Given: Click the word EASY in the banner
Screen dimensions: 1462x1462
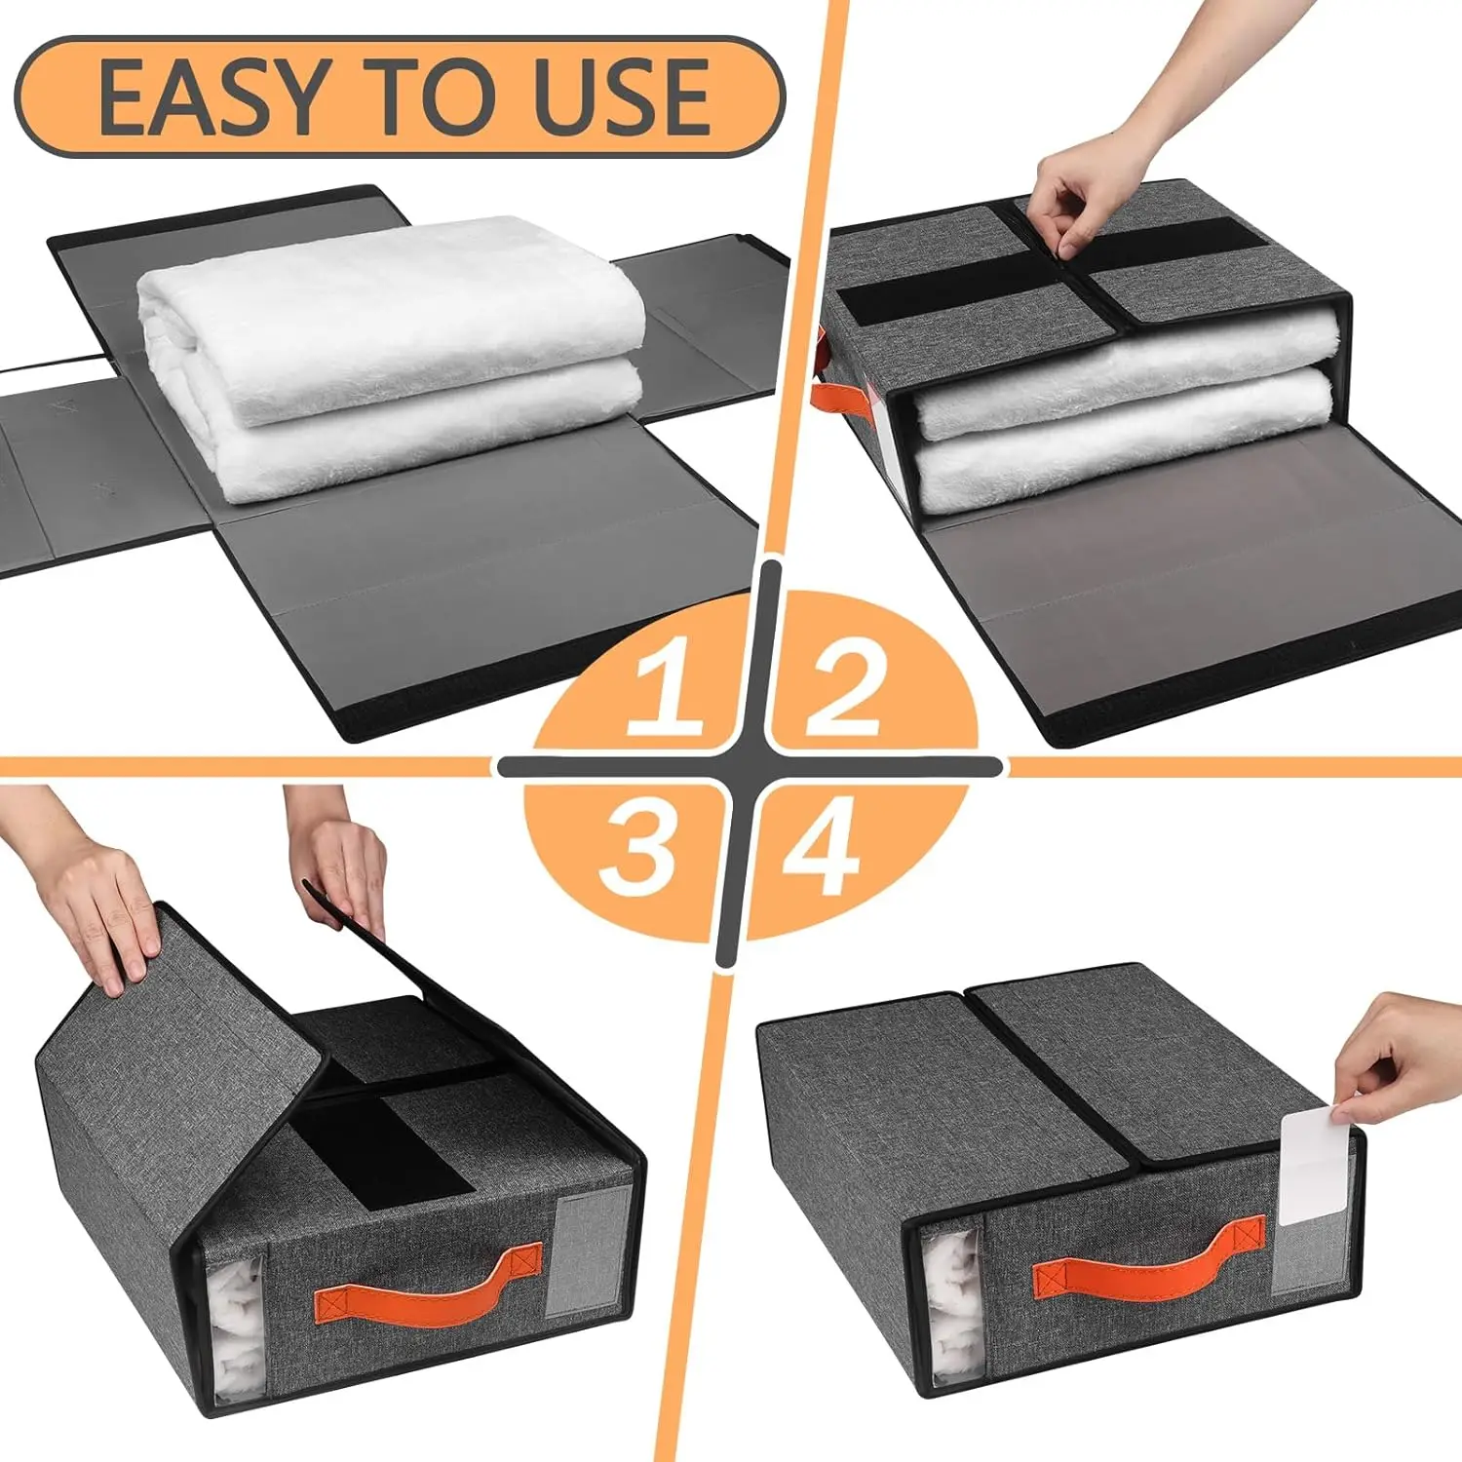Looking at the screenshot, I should coord(211,97).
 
